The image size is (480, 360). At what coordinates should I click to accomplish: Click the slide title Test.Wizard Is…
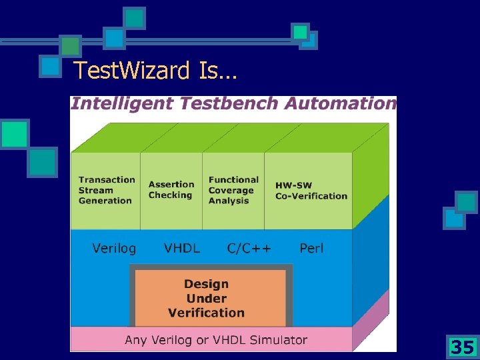[x=155, y=69]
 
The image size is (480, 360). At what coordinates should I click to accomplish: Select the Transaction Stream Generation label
[x=106, y=190]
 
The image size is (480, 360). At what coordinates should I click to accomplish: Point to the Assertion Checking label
[x=171, y=190]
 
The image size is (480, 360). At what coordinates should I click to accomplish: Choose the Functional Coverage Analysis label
[x=233, y=190]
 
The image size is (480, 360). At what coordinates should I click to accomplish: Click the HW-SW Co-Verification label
[x=311, y=191]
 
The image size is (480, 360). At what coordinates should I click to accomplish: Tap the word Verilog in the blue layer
[x=114, y=249]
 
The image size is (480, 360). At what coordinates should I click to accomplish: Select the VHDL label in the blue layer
[x=181, y=249]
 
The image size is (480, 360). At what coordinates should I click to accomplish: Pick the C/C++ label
[x=249, y=249]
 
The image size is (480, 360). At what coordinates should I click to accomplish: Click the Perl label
[x=311, y=249]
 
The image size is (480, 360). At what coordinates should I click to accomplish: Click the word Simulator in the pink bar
[x=279, y=340]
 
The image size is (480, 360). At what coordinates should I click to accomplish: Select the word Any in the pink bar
[x=136, y=340]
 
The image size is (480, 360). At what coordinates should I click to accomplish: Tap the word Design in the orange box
[x=206, y=285]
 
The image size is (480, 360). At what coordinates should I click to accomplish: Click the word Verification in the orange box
[x=206, y=313]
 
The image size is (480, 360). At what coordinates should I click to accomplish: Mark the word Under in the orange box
[x=206, y=299]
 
